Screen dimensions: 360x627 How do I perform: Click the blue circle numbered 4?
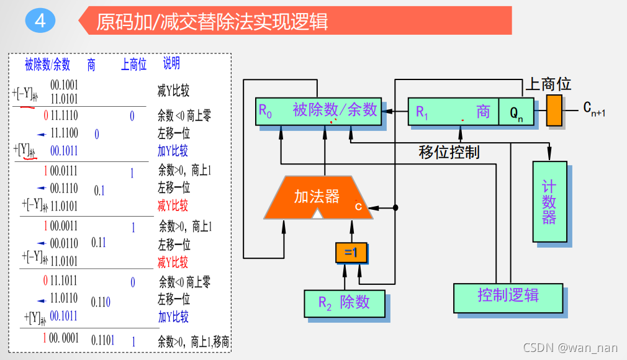tap(40, 21)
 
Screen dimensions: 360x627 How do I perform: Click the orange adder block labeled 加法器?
tap(317, 197)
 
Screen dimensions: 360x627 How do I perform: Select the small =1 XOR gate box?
tap(351, 253)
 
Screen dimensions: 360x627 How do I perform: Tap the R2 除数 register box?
tap(344, 302)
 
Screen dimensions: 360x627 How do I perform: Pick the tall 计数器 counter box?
tap(549, 202)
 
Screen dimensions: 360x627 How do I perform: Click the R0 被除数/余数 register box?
tap(318, 111)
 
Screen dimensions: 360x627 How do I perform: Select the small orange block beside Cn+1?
tap(554, 110)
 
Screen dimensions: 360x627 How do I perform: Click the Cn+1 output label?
tap(593, 110)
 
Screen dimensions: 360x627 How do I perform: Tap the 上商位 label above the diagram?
tap(549, 84)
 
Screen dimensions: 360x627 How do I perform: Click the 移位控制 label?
tap(449, 152)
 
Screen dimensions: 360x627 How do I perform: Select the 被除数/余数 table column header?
tap(48, 64)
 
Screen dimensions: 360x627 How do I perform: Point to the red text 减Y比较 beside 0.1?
tap(173, 205)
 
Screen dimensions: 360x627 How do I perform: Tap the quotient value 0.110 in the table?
tap(101, 302)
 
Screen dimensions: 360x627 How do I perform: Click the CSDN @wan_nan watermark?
tap(571, 348)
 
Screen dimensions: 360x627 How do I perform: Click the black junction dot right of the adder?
tap(395, 207)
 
